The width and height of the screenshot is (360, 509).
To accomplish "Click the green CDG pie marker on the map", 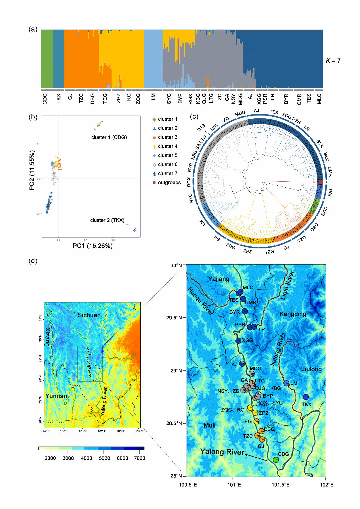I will tap(275, 459).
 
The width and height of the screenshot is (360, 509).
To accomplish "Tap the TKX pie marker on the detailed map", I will tap(306, 397).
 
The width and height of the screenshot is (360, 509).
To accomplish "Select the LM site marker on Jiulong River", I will tap(286, 383).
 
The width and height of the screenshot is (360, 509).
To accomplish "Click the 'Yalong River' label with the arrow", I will tap(222, 452).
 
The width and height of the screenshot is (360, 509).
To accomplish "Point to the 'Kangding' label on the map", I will tap(293, 314).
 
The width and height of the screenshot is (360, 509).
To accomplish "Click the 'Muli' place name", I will tap(210, 425).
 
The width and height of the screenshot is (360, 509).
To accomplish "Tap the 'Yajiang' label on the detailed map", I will tap(219, 279).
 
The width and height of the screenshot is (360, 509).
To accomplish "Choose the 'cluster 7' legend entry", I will tap(167, 173).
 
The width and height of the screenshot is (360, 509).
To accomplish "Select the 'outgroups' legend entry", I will tap(169, 183).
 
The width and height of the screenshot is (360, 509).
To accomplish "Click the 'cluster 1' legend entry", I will tap(167, 119).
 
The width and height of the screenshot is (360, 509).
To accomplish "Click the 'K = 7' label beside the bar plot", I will tap(333, 60).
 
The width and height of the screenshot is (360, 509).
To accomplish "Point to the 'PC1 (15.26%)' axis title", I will tap(92, 246).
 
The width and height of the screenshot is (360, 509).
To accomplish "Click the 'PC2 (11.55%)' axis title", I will tap(32, 170).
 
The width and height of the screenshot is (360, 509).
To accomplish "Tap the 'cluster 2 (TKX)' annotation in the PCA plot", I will tap(107, 220).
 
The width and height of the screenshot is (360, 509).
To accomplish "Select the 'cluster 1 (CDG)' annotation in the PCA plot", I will tap(109, 137).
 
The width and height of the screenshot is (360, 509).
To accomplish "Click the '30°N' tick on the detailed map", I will tap(176, 265).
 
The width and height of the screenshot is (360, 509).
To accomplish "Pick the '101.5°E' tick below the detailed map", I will tap(281, 485).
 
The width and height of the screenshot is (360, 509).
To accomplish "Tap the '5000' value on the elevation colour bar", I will tap(104, 458).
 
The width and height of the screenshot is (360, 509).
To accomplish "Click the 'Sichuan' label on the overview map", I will tap(89, 315).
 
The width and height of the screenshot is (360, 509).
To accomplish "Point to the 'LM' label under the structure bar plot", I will tap(153, 97).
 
